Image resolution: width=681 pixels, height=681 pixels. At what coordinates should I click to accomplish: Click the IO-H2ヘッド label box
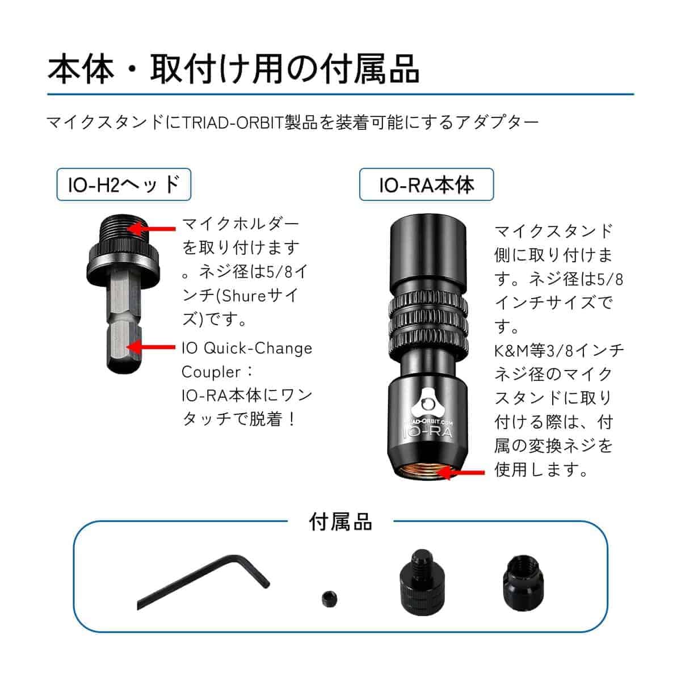pos(124,184)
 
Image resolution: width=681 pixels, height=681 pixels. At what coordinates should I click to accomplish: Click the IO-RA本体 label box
pos(426,184)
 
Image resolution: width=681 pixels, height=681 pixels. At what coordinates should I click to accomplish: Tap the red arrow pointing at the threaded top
pos(152,229)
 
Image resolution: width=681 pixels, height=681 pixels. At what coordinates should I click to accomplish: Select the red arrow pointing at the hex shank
pos(152,347)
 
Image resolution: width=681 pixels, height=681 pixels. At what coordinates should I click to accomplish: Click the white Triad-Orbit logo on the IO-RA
pos(428,403)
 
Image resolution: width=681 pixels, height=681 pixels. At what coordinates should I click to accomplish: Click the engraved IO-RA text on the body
pos(428,432)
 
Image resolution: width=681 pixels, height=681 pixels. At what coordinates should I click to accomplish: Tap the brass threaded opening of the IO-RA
pos(428,473)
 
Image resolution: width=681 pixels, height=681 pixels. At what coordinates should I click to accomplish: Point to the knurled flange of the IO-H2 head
pos(123,262)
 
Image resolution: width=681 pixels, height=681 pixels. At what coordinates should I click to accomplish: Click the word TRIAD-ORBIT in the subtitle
pos(234,122)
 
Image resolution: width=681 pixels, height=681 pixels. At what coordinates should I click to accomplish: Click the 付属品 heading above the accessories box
pos(340,522)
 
